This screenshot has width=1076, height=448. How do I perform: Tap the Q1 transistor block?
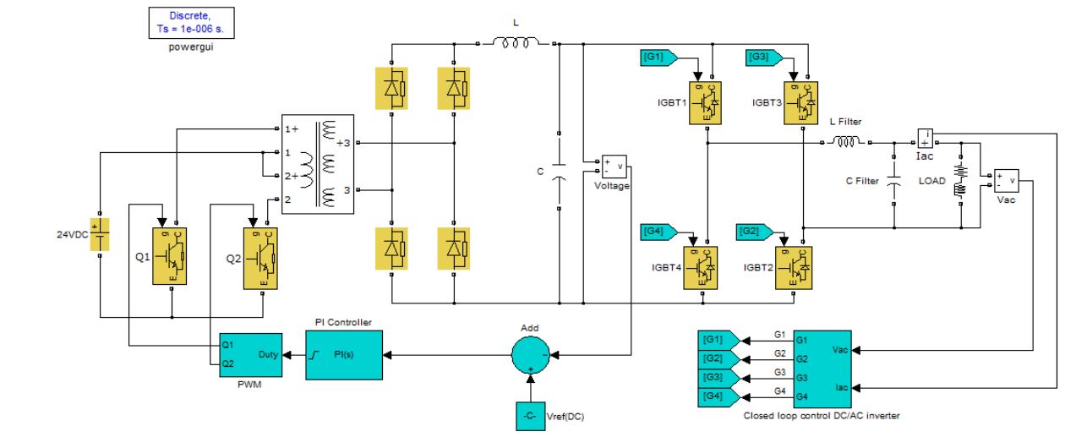point(172,255)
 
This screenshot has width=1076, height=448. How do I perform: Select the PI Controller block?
point(344,354)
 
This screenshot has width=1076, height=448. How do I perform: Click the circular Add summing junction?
point(529,354)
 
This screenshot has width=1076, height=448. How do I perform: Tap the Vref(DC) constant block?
point(529,415)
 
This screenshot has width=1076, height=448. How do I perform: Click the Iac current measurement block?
point(926,138)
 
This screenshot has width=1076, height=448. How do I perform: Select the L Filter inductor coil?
point(845,144)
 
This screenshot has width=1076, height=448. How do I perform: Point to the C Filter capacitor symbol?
point(893,180)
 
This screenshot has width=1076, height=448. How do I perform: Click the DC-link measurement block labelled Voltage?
point(613,166)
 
